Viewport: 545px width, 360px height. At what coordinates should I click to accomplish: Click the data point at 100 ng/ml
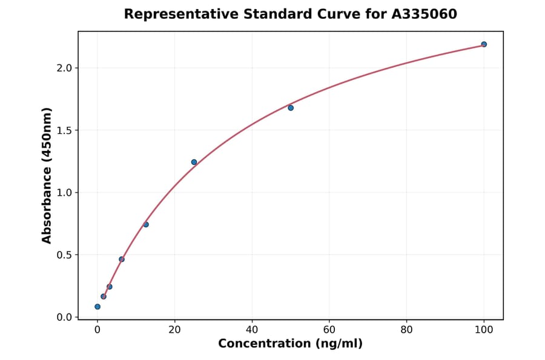[484, 44]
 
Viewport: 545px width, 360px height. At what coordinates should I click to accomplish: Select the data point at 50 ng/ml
[291, 108]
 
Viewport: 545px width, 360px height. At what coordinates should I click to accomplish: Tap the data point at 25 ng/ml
[194, 162]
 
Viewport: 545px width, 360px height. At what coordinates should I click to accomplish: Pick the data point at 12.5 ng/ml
[146, 224]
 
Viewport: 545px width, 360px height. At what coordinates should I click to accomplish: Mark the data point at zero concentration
[97, 307]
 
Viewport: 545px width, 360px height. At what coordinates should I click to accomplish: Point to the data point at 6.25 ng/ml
[122, 259]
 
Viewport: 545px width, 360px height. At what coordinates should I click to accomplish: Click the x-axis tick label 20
[174, 330]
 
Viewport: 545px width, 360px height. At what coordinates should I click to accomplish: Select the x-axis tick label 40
[252, 330]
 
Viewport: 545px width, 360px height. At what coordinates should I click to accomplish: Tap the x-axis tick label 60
[329, 330]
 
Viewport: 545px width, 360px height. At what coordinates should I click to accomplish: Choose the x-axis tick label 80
[406, 330]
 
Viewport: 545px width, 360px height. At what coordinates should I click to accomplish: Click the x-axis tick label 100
[484, 330]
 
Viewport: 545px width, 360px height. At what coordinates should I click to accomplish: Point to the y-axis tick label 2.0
[64, 68]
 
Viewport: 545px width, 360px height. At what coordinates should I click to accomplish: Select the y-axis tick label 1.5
[64, 130]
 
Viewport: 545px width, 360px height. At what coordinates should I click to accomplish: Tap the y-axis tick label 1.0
[64, 193]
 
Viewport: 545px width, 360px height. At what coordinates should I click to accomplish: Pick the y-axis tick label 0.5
[64, 255]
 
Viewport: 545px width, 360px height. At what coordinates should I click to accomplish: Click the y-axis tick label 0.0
[64, 318]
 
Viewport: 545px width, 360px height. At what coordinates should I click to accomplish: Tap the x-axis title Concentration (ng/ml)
[290, 344]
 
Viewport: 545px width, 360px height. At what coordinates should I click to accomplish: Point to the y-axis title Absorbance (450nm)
[47, 176]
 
